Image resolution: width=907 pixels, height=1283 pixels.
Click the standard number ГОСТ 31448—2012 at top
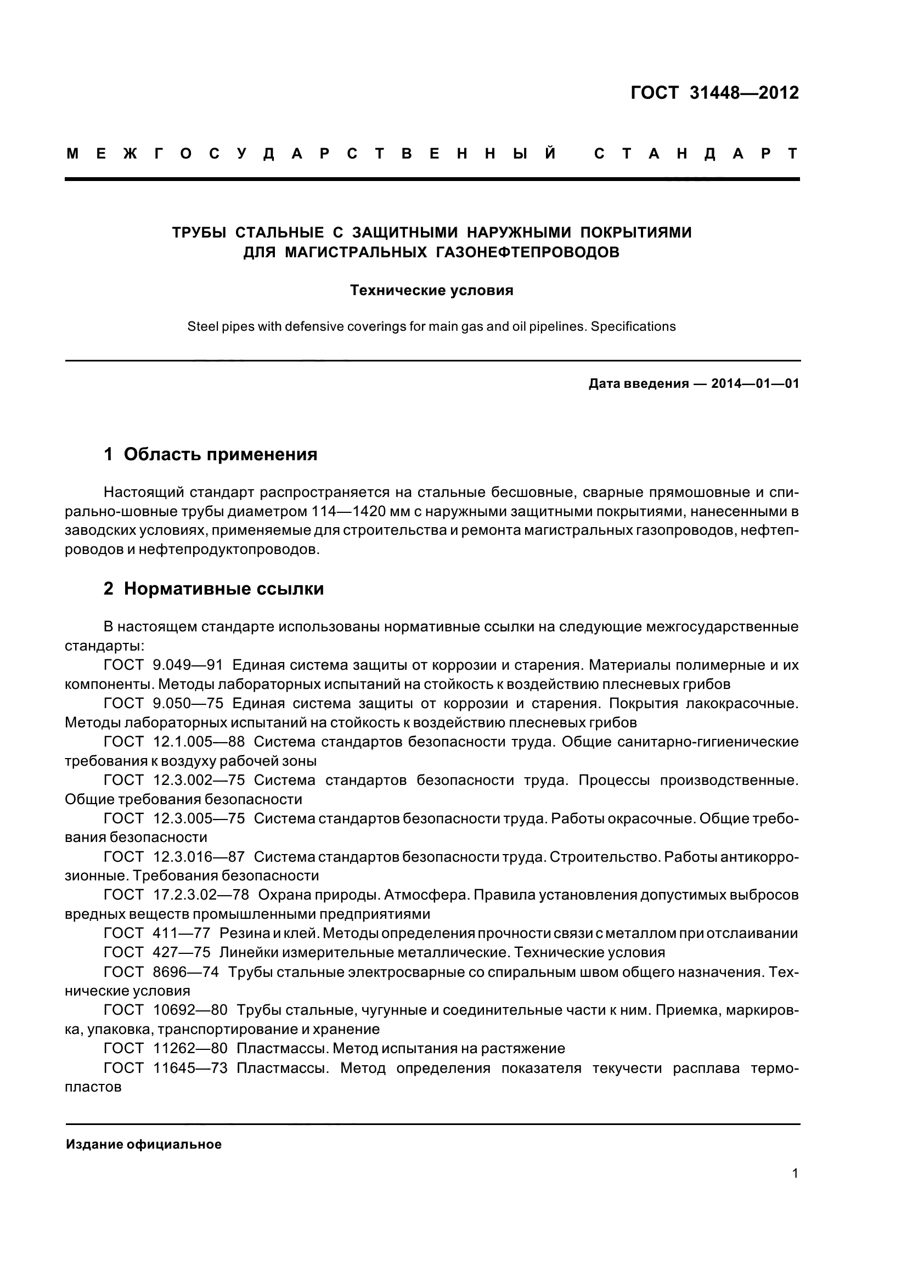point(714,93)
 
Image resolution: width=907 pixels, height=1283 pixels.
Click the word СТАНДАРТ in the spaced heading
point(696,154)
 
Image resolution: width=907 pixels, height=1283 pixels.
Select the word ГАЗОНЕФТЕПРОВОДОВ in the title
point(527,252)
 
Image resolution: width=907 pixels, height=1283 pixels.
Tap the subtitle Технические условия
point(431,291)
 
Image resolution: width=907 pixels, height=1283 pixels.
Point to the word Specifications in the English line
point(633,326)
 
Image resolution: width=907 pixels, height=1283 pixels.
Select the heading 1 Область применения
point(211,454)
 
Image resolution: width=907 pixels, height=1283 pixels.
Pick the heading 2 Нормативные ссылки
point(214,589)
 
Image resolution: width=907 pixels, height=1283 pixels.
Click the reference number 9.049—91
point(188,665)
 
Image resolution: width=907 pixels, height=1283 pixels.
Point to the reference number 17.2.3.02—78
point(201,895)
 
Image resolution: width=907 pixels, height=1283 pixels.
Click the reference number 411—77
point(181,933)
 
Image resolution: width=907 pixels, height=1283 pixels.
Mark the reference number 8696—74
point(185,972)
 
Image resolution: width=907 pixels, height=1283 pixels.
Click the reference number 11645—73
point(190,1069)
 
